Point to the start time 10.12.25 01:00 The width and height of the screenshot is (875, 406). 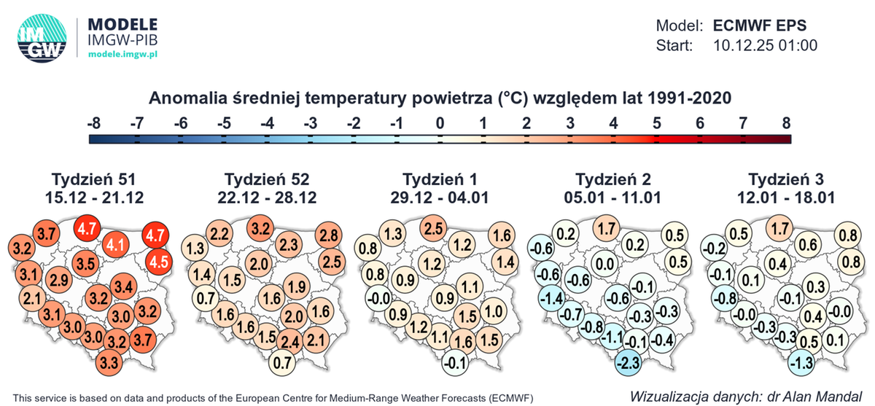point(763,46)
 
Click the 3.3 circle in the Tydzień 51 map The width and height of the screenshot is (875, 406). point(109,362)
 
